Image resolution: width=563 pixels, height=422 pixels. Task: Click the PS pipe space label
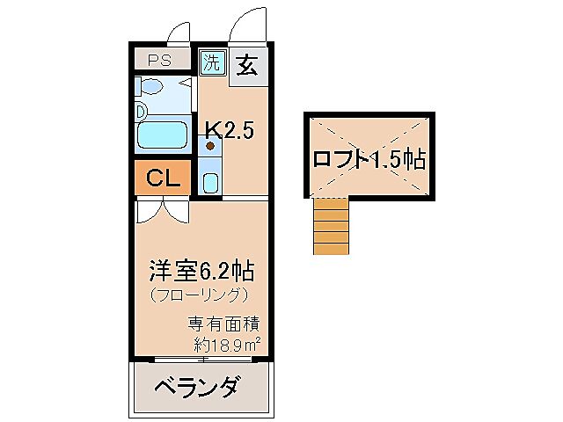pos(158,61)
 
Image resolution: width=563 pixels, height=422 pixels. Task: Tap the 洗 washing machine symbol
pos(212,62)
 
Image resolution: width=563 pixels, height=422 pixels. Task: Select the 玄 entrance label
pos(247,67)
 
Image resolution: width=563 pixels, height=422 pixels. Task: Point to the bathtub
pos(165,135)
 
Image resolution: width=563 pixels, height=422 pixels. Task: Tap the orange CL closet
pos(163,178)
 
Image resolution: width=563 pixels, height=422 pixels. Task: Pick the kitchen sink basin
pos(210,182)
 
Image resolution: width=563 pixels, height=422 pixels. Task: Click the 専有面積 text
pos(222,324)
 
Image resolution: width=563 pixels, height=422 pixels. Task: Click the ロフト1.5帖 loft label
pos(369,159)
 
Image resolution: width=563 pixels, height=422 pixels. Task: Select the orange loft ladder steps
pos(332,226)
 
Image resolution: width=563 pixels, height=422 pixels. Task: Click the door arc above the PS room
pos(181,33)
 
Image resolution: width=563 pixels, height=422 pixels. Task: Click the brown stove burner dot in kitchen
pos(210,147)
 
